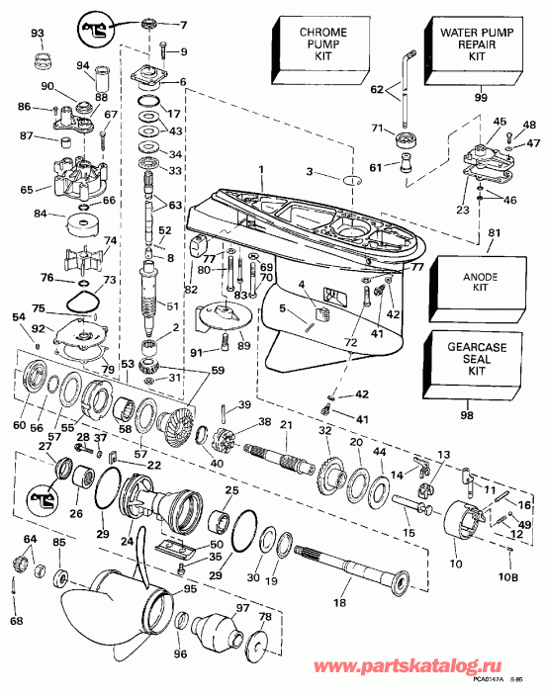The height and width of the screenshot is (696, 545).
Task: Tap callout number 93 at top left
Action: (x=38, y=34)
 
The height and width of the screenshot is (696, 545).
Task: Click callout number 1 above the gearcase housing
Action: (x=260, y=170)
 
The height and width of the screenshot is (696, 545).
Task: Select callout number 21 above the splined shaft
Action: (x=286, y=425)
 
